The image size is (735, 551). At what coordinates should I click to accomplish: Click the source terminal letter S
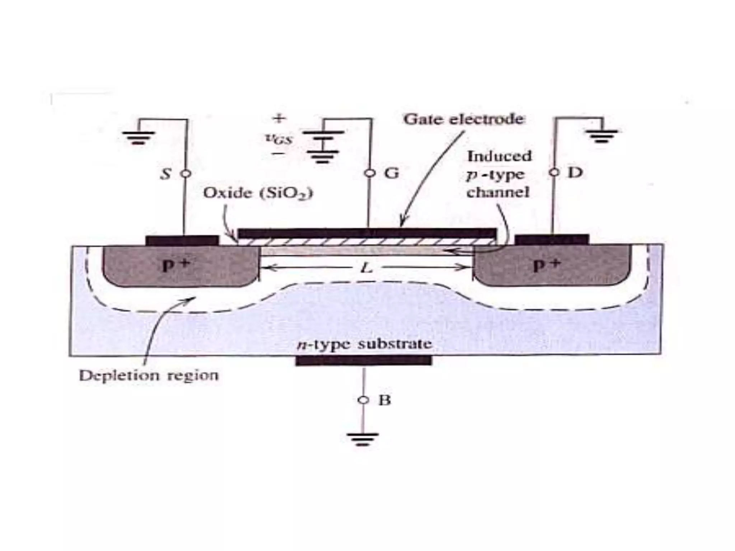point(166,174)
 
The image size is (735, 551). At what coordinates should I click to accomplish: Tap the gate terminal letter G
point(391,174)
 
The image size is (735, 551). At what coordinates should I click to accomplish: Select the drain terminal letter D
point(575,173)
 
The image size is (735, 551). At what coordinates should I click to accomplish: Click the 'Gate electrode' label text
point(463,119)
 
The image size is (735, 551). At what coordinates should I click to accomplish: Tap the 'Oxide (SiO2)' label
point(258,194)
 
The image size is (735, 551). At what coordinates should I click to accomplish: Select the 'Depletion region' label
point(149,376)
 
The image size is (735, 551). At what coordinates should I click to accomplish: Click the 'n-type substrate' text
point(364,344)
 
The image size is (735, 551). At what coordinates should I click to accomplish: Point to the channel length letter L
point(366,268)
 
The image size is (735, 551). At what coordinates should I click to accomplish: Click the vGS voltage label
point(279,139)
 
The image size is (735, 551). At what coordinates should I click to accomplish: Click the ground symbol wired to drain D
point(601,136)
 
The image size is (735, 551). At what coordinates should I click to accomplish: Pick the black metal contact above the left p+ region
point(182,240)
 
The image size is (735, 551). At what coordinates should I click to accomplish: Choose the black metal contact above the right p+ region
point(552,239)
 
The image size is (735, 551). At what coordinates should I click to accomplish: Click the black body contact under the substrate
point(364,361)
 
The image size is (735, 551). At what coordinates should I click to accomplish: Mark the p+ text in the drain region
point(546,265)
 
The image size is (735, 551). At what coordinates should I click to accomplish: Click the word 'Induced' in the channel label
point(499,156)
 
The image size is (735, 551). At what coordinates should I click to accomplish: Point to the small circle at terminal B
point(364,400)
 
